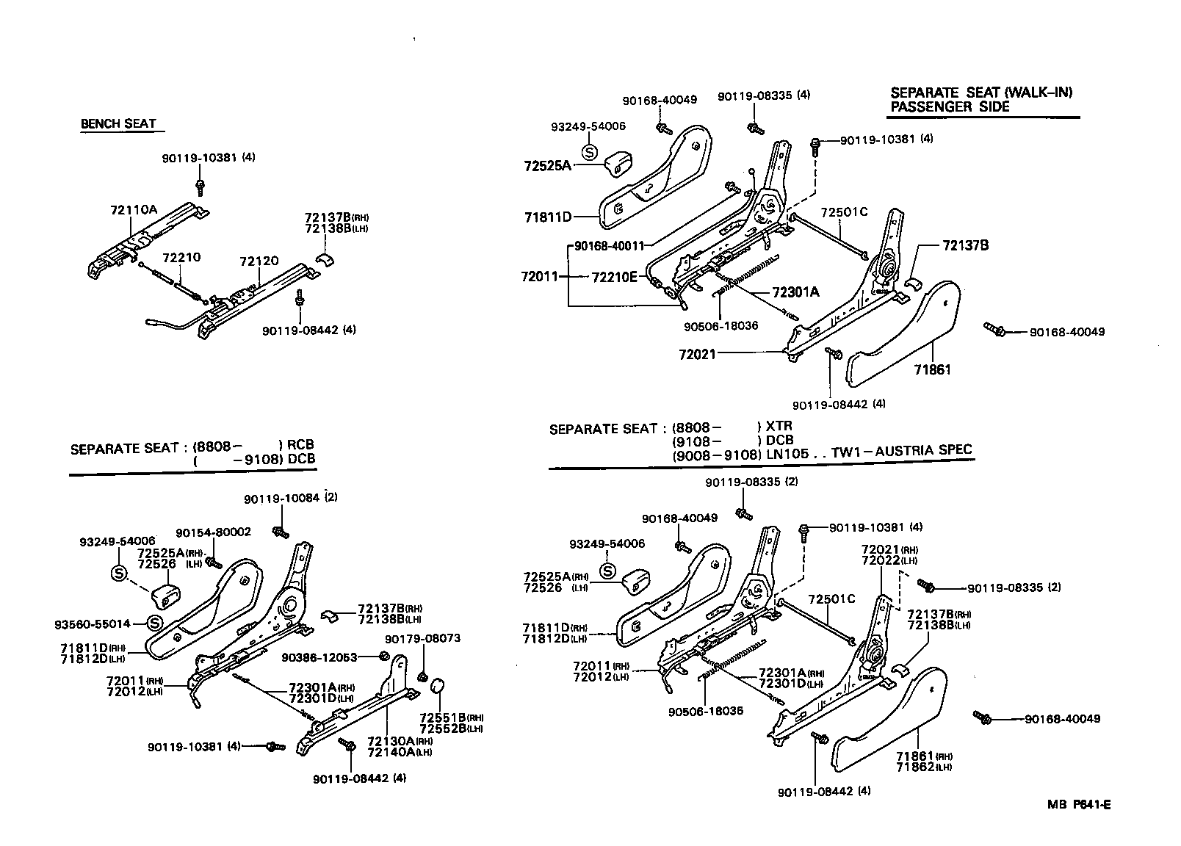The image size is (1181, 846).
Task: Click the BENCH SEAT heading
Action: (118, 123)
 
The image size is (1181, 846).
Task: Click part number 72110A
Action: (134, 209)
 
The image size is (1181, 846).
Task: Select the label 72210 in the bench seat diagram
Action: (181, 258)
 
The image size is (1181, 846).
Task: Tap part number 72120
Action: (259, 261)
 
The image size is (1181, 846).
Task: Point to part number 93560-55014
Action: (92, 623)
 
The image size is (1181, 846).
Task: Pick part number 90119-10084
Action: (281, 498)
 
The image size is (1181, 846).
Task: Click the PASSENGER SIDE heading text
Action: (949, 106)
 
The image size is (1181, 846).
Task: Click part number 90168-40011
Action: (609, 246)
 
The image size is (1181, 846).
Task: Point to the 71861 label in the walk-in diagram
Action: (932, 370)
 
